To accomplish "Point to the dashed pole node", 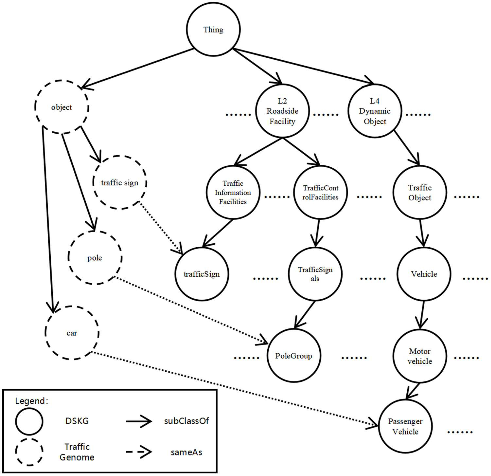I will click(x=95, y=258).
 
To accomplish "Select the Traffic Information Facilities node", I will click(x=233, y=192).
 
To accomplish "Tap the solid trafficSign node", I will click(x=202, y=274).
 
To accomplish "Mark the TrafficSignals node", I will click(x=315, y=274).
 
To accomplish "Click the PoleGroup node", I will click(x=294, y=356).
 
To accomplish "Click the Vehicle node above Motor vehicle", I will click(x=424, y=274).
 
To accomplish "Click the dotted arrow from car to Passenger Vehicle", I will click(x=233, y=388).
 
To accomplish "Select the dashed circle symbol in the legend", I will click(x=29, y=452).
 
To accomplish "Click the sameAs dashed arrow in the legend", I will click(x=139, y=452).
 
